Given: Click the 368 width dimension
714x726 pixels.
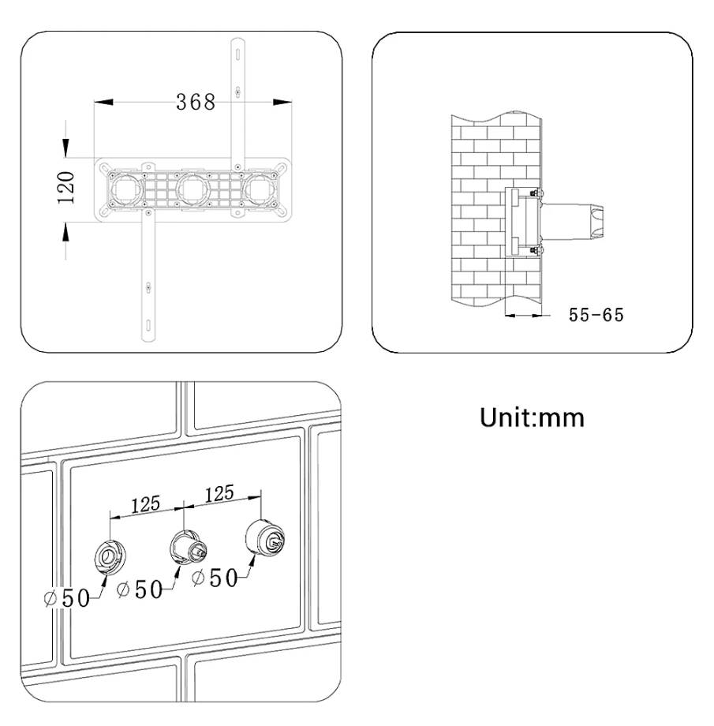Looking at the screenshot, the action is tap(196, 102).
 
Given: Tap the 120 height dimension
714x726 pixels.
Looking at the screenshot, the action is tap(65, 188).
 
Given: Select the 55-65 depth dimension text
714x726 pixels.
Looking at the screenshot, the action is tap(596, 315).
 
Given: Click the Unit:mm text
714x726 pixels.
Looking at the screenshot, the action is tap(532, 417).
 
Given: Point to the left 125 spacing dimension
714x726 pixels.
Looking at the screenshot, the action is tap(145, 504).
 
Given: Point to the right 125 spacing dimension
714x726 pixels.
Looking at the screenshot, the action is tap(219, 493).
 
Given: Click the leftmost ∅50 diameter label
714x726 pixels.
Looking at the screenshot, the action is tap(67, 597).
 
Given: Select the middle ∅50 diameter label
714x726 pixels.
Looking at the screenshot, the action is tap(140, 589).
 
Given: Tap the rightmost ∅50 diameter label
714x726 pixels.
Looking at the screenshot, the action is tap(215, 578).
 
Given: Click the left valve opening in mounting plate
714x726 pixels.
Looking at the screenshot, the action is tap(126, 190).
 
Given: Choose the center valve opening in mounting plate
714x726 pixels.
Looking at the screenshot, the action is tap(194, 190).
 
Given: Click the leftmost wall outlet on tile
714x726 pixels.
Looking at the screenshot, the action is tap(110, 556).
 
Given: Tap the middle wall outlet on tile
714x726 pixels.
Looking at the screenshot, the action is tap(188, 547).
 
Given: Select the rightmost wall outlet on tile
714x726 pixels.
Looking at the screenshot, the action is tap(264, 537).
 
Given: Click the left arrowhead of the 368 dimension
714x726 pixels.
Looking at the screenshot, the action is tap(103, 102).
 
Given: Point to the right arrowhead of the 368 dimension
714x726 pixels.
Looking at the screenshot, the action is tap(282, 102).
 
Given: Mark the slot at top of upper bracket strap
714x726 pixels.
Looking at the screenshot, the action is tap(238, 54).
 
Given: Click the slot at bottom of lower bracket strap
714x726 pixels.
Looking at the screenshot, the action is tap(148, 324).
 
